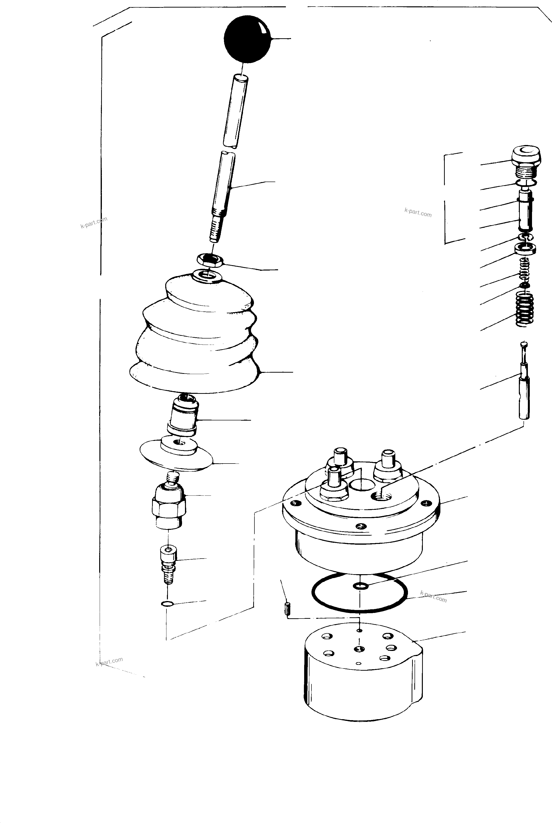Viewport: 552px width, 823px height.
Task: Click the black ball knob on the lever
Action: pos(247,39)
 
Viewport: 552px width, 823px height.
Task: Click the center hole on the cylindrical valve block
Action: pos(359,649)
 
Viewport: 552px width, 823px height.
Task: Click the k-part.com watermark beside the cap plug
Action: pos(418,213)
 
